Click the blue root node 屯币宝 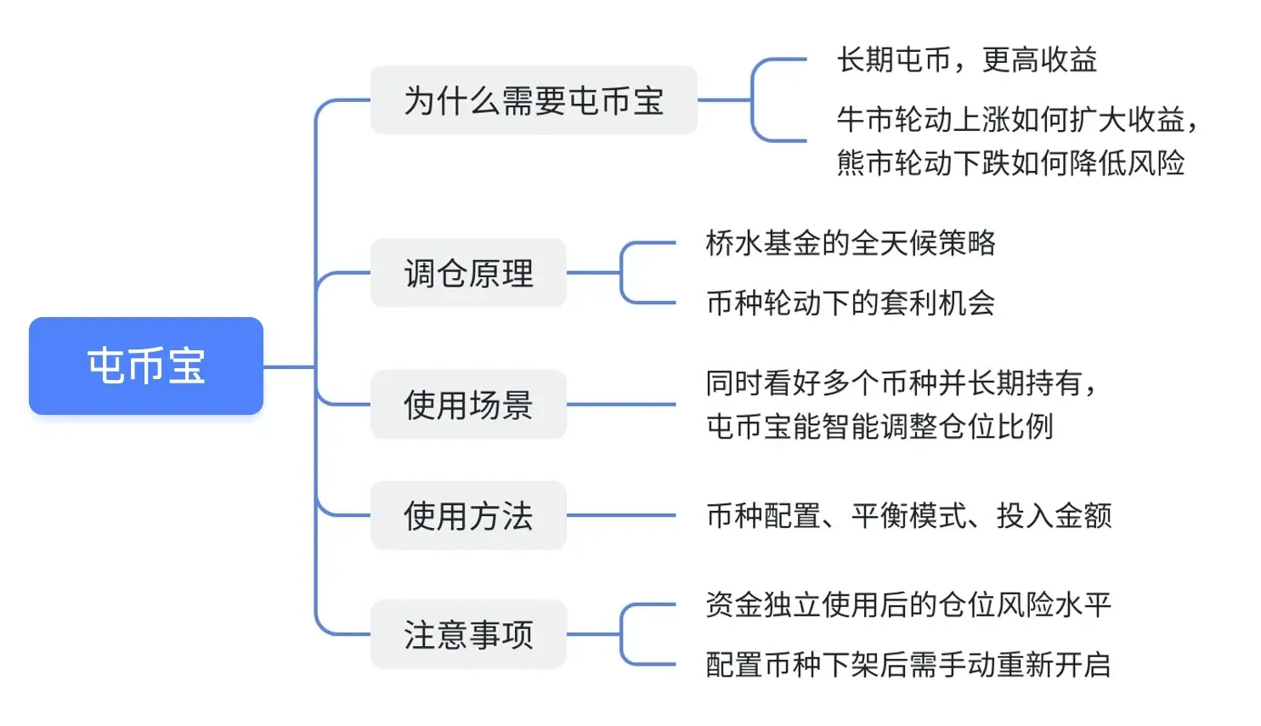click(x=146, y=366)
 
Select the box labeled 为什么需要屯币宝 click(x=534, y=100)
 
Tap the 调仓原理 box click(x=468, y=273)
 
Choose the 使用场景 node click(x=468, y=405)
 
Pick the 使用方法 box click(x=468, y=515)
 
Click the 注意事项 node click(x=468, y=634)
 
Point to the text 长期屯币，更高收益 click(x=967, y=60)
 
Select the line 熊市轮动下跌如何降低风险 click(x=1010, y=162)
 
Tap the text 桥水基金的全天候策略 click(x=851, y=243)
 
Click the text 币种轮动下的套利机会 click(x=851, y=303)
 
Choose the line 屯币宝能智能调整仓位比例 click(x=879, y=426)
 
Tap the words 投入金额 click(x=1054, y=515)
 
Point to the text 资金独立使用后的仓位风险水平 click(x=908, y=604)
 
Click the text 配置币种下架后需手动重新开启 click(x=908, y=664)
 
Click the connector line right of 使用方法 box click(x=620, y=515)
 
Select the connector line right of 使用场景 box click(x=620, y=405)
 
